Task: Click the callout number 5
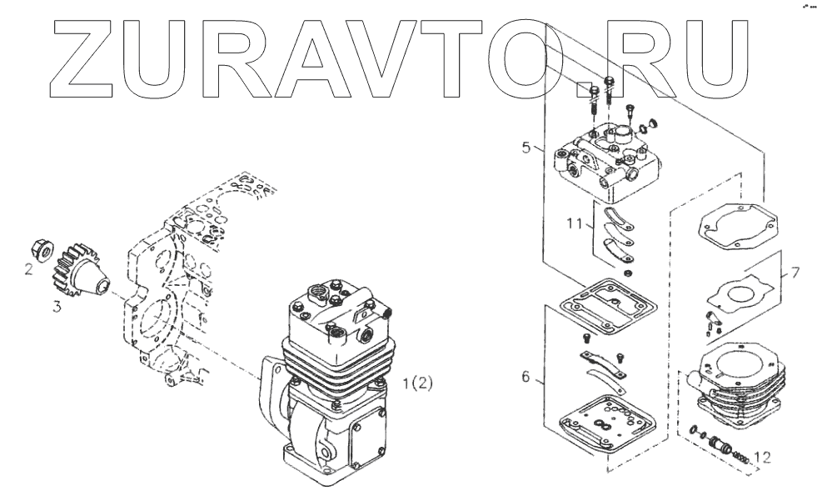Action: click(x=526, y=148)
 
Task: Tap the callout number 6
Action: click(x=526, y=378)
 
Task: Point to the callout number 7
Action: click(x=795, y=273)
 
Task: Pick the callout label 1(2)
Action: click(x=417, y=384)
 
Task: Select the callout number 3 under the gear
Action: click(x=57, y=307)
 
